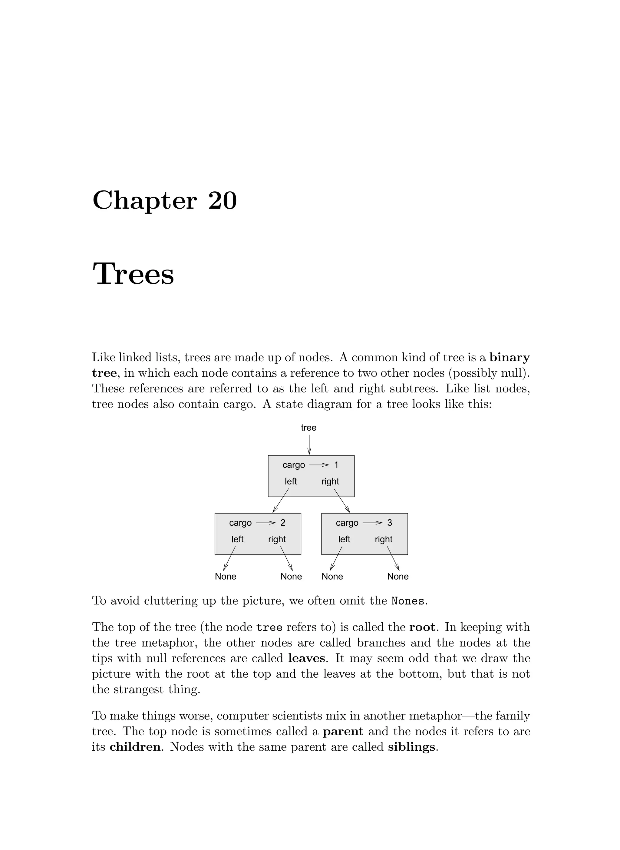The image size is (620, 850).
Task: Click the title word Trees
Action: [x=133, y=274]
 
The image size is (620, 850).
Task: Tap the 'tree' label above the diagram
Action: [x=308, y=428]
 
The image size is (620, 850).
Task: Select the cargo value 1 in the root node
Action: [x=336, y=465]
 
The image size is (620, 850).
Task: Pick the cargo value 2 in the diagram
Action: [x=283, y=523]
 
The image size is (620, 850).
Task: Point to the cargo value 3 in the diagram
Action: [x=390, y=523]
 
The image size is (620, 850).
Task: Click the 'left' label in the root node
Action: [x=291, y=481]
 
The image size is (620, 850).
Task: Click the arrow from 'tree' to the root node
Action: [x=309, y=445]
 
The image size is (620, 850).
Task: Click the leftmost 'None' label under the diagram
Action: [x=226, y=576]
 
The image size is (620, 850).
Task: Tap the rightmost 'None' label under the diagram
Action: [x=398, y=576]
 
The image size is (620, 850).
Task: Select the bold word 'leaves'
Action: [x=307, y=658]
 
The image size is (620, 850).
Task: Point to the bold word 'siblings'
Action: [x=411, y=747]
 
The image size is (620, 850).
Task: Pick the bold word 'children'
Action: [x=135, y=747]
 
